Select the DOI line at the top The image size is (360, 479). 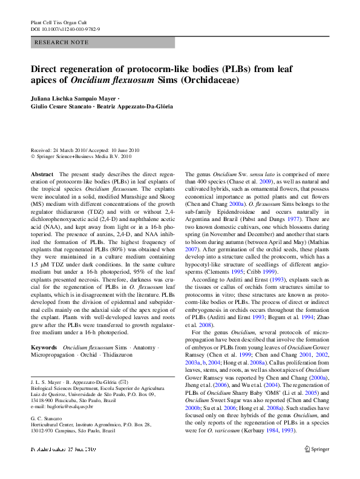click(x=65, y=28)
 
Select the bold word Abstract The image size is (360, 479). click(x=42, y=174)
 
